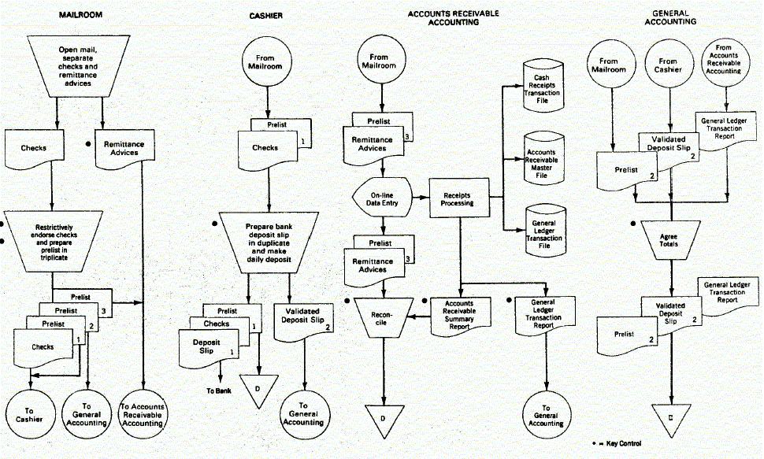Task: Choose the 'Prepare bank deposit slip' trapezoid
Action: point(269,239)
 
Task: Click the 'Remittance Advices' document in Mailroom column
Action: point(117,147)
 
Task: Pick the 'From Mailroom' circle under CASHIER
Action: point(269,61)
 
